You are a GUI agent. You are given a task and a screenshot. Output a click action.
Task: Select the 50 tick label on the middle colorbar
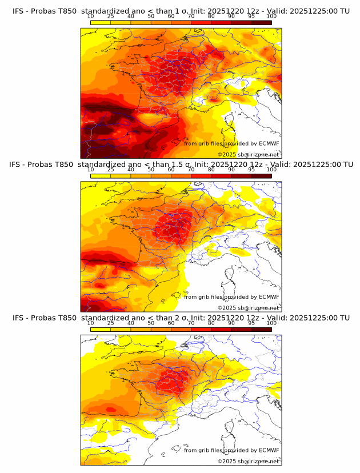pyautogui.click(x=151, y=170)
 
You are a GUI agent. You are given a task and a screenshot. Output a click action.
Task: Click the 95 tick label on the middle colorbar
pyautogui.click(x=251, y=170)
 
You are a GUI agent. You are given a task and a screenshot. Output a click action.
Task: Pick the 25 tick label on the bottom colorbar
pyautogui.click(x=110, y=323)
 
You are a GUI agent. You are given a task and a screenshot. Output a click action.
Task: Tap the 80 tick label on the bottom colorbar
pyautogui.click(x=211, y=323)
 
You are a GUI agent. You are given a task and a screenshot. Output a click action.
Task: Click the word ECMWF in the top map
pyautogui.click(x=269, y=143)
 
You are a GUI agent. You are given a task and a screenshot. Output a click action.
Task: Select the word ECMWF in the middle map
pyautogui.click(x=269, y=296)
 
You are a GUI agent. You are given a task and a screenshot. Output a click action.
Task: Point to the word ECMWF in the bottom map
pyautogui.click(x=269, y=450)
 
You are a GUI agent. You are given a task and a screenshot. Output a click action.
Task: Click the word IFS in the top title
pyautogui.click(x=18, y=11)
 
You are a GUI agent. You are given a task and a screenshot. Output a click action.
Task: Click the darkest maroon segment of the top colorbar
pyautogui.click(x=262, y=23)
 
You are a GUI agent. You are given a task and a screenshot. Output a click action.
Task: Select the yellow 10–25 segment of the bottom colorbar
pyautogui.click(x=101, y=330)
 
